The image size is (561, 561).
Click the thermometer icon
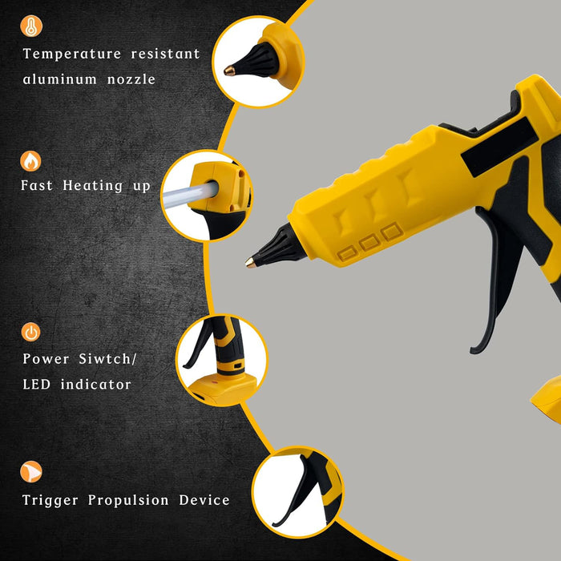click(31, 26)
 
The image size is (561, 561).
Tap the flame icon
click(30, 161)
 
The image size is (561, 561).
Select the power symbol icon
click(30, 332)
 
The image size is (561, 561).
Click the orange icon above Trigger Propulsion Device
click(31, 471)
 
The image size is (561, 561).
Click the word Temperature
click(72, 54)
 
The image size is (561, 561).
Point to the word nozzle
click(131, 79)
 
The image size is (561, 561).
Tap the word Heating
click(93, 186)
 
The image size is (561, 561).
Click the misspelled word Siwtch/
click(107, 358)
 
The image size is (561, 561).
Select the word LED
click(37, 384)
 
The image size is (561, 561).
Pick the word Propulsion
click(128, 500)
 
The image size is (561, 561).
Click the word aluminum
click(60, 79)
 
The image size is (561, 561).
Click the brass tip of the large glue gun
click(250, 263)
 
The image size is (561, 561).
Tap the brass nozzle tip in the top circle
click(229, 71)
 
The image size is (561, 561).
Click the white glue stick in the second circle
click(190, 194)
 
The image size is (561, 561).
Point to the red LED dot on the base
click(215, 382)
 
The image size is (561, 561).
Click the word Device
click(204, 500)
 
